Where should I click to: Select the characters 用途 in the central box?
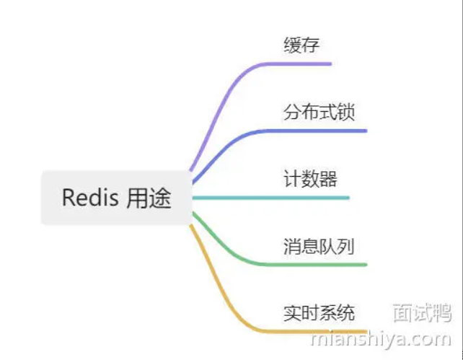pos(149,198)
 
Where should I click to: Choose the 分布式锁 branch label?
pos(319,112)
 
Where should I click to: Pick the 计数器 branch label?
pos(310,179)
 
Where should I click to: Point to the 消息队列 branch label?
pos(319,246)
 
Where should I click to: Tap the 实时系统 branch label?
pos(319,313)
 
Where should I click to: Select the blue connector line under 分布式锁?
pos(317,131)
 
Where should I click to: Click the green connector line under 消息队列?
pos(317,264)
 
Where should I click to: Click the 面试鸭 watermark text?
pos(422,312)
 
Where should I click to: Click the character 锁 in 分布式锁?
pos(346,112)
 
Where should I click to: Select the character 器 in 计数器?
pos(328,179)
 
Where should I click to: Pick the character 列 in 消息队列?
pos(346,246)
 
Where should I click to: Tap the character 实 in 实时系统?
pos(292,313)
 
